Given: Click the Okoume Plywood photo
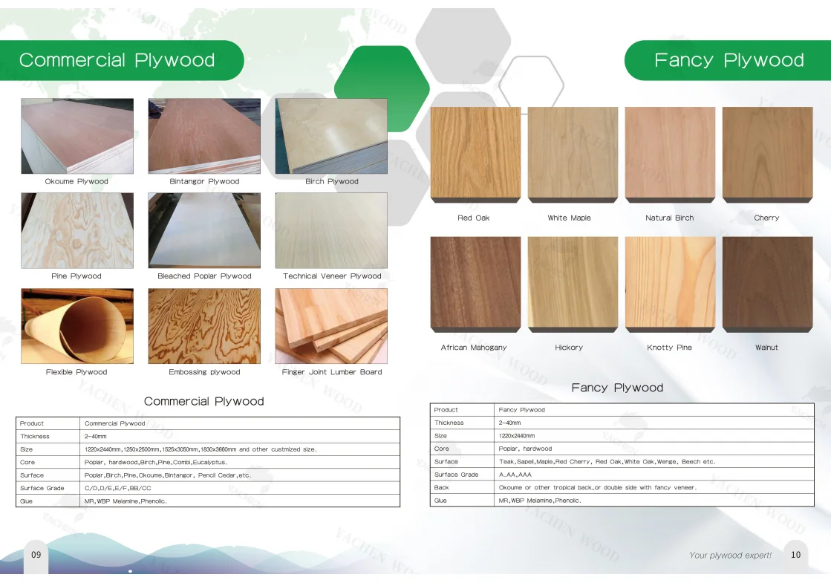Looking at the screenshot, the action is (x=77, y=136).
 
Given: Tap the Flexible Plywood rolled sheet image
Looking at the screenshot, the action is (x=77, y=326).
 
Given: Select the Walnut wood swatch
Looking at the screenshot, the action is (x=767, y=284).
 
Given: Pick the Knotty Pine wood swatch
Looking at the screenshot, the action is (x=671, y=284).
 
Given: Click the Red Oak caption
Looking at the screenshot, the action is (x=474, y=218).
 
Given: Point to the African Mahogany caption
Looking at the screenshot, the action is (x=474, y=348).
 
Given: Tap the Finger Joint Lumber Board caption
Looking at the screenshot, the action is (x=332, y=372).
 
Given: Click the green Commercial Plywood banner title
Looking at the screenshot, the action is (x=117, y=60).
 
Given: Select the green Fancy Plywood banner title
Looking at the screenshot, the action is (x=729, y=60).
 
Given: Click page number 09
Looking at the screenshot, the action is (x=36, y=555).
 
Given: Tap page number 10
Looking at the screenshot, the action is (x=795, y=555).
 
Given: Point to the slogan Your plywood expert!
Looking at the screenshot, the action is (x=730, y=556).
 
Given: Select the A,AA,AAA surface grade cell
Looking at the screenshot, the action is (x=515, y=475).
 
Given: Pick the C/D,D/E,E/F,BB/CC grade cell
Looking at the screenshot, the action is (x=117, y=488).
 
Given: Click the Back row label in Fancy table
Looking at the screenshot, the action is (x=441, y=487).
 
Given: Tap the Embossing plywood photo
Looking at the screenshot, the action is (x=204, y=326).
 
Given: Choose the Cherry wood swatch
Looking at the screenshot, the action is (x=767, y=154).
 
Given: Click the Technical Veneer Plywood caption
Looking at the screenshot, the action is (x=332, y=276).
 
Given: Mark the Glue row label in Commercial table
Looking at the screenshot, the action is (x=27, y=501).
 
